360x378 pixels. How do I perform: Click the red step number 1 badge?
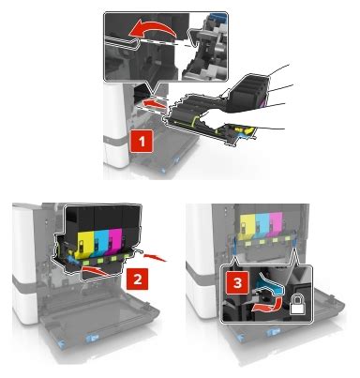[x=142, y=142]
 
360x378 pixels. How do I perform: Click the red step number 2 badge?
[x=137, y=279]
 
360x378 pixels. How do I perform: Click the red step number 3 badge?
[x=237, y=283]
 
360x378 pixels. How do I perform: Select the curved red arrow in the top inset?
[x=153, y=31]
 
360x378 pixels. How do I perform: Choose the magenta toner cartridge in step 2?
[x=114, y=242]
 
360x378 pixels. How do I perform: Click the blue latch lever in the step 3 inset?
[x=269, y=282]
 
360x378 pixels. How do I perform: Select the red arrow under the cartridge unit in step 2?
[x=96, y=270]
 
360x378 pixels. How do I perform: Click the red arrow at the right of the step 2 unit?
[x=155, y=258]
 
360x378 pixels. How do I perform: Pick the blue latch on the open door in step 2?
[x=91, y=339]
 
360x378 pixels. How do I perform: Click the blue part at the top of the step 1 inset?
[x=218, y=15]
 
